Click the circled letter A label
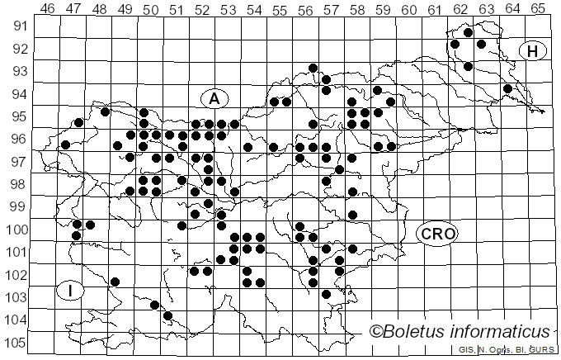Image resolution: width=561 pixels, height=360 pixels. point(214,98)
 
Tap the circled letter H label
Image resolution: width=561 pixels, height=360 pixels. point(534,51)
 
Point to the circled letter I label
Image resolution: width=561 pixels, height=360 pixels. point(71,291)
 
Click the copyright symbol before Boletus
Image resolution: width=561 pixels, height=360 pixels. point(376,332)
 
